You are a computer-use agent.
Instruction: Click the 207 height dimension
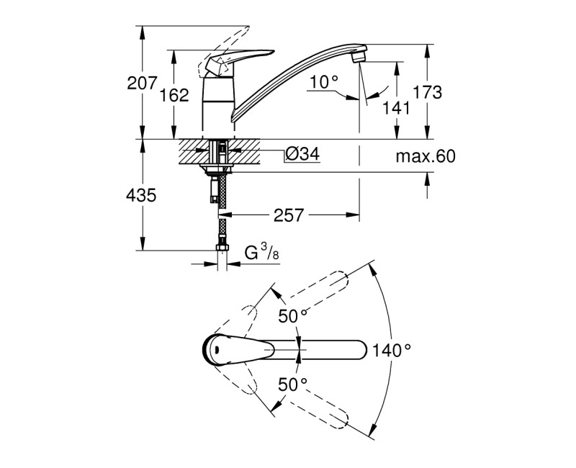142,84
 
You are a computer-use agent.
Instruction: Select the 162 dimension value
175,95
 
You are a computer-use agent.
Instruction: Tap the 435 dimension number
142,195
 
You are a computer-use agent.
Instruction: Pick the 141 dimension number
396,108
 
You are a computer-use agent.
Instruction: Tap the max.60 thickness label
425,156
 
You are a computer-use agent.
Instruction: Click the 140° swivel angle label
392,351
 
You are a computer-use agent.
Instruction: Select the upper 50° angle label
292,315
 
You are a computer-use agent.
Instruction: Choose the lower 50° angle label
292,384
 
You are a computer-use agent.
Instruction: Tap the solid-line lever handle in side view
238,61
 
